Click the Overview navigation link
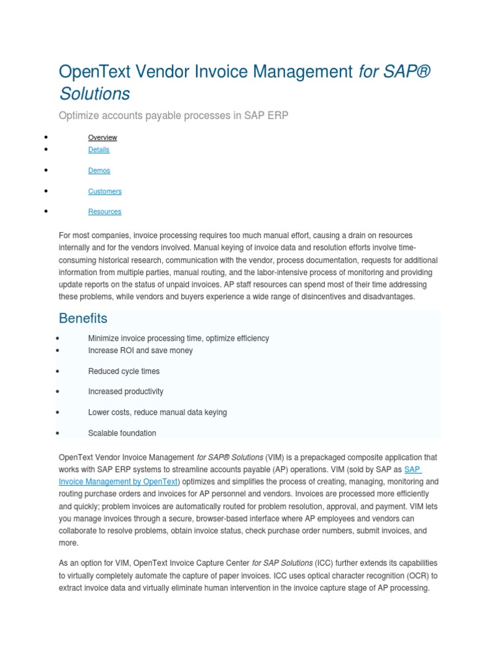click(x=102, y=137)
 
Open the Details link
click(x=98, y=150)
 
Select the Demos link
click(x=99, y=170)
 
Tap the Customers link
click(x=105, y=191)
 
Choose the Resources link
click(x=104, y=211)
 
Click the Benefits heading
click(x=83, y=318)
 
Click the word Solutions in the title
click(x=94, y=94)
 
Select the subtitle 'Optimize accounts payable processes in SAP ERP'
click(x=173, y=116)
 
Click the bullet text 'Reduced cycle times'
click(x=124, y=371)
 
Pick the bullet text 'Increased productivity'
click(x=126, y=392)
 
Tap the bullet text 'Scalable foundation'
click(x=122, y=433)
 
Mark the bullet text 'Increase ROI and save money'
click(x=140, y=351)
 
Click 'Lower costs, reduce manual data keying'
click(x=157, y=412)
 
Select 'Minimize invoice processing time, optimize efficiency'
click(x=178, y=338)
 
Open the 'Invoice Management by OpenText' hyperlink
click(x=118, y=482)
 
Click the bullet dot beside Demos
click(x=47, y=170)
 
